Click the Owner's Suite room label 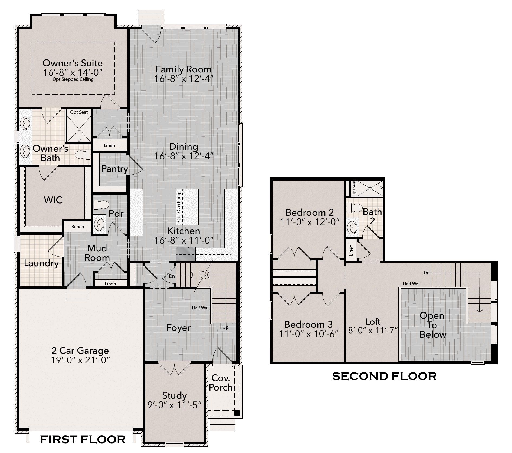[x=73, y=63]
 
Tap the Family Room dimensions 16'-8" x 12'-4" [x=184, y=79]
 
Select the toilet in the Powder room [x=101, y=205]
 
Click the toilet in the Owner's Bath [x=83, y=155]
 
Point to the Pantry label [x=114, y=169]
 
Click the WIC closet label [x=53, y=200]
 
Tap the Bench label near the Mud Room [x=78, y=227]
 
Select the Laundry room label [x=41, y=263]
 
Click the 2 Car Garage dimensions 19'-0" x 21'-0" [x=80, y=360]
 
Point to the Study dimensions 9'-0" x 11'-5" [x=175, y=405]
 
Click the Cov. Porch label [x=221, y=382]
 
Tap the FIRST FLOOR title [x=83, y=439]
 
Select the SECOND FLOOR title [x=384, y=376]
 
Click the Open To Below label [x=432, y=325]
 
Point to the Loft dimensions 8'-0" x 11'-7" [x=373, y=330]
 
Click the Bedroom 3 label [x=308, y=324]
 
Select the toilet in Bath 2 [x=355, y=208]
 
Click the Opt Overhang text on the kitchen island [x=179, y=207]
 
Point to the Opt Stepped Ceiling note [x=73, y=79]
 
